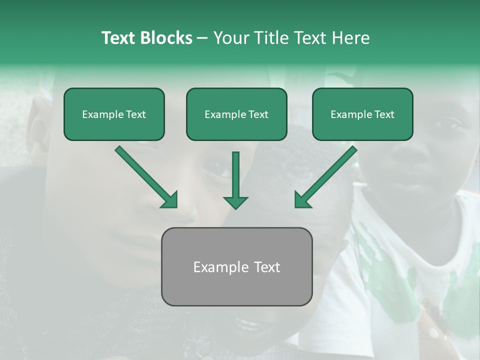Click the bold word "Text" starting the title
[x=118, y=38]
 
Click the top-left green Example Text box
[x=114, y=114]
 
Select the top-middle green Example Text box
[x=236, y=114]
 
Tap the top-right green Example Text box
[x=362, y=114]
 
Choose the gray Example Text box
[x=237, y=266]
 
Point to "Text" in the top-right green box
[x=384, y=114]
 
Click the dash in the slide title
[x=202, y=38]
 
